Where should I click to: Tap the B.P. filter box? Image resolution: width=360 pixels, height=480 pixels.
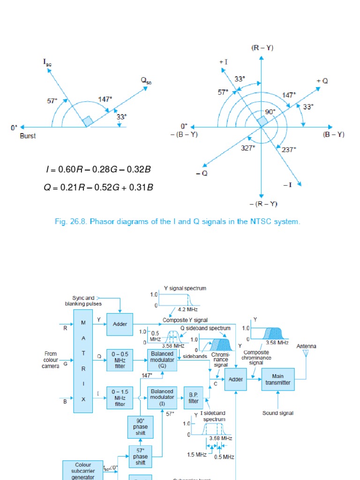point(194,398)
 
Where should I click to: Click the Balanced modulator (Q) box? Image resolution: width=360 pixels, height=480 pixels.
point(162,360)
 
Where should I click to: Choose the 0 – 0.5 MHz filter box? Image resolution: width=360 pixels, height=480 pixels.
point(120,360)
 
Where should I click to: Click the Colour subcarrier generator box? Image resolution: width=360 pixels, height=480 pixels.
point(83,470)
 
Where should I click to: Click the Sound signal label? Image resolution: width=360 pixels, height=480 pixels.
point(278,413)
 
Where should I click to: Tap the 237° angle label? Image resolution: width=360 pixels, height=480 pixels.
point(289,150)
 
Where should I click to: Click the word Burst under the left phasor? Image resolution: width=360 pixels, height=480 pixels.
point(28,136)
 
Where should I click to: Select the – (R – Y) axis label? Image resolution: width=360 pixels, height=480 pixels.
point(263,204)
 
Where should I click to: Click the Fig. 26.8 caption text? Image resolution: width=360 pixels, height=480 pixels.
point(178,221)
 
